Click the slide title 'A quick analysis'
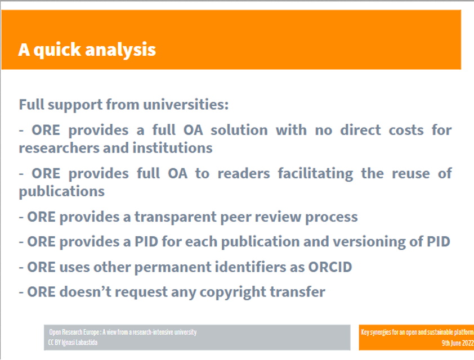pos(87,50)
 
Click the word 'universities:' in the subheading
pos(186,105)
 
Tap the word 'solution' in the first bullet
pos(239,130)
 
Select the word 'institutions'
pos(173,148)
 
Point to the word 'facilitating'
pos(315,174)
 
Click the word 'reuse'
pos(410,174)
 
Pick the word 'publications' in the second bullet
pos(62,192)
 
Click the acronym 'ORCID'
pos(330,267)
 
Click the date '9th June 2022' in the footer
pos(457,343)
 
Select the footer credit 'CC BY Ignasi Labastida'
pos(73,343)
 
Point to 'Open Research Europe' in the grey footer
pos(74,332)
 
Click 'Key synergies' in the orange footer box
pos(375,332)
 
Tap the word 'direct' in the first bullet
pos(360,130)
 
